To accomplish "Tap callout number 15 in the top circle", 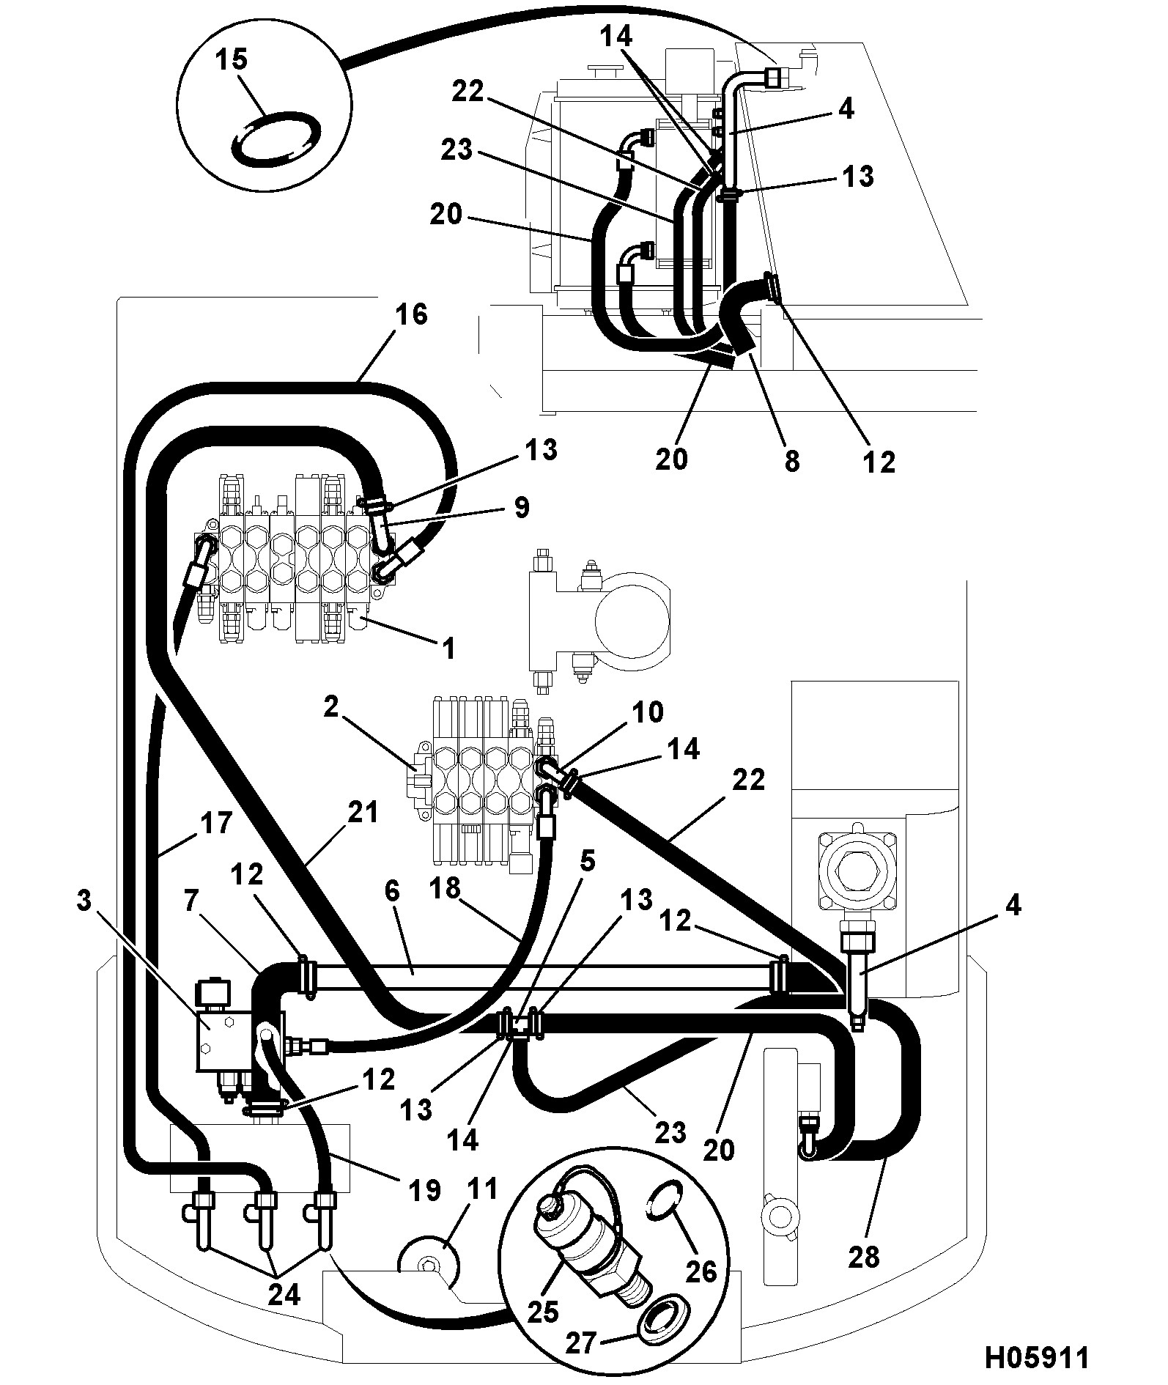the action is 232,59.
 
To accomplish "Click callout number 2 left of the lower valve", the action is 331,708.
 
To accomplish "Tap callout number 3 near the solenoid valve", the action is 84,901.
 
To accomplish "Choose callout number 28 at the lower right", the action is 863,1257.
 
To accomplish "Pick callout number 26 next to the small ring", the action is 700,1271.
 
